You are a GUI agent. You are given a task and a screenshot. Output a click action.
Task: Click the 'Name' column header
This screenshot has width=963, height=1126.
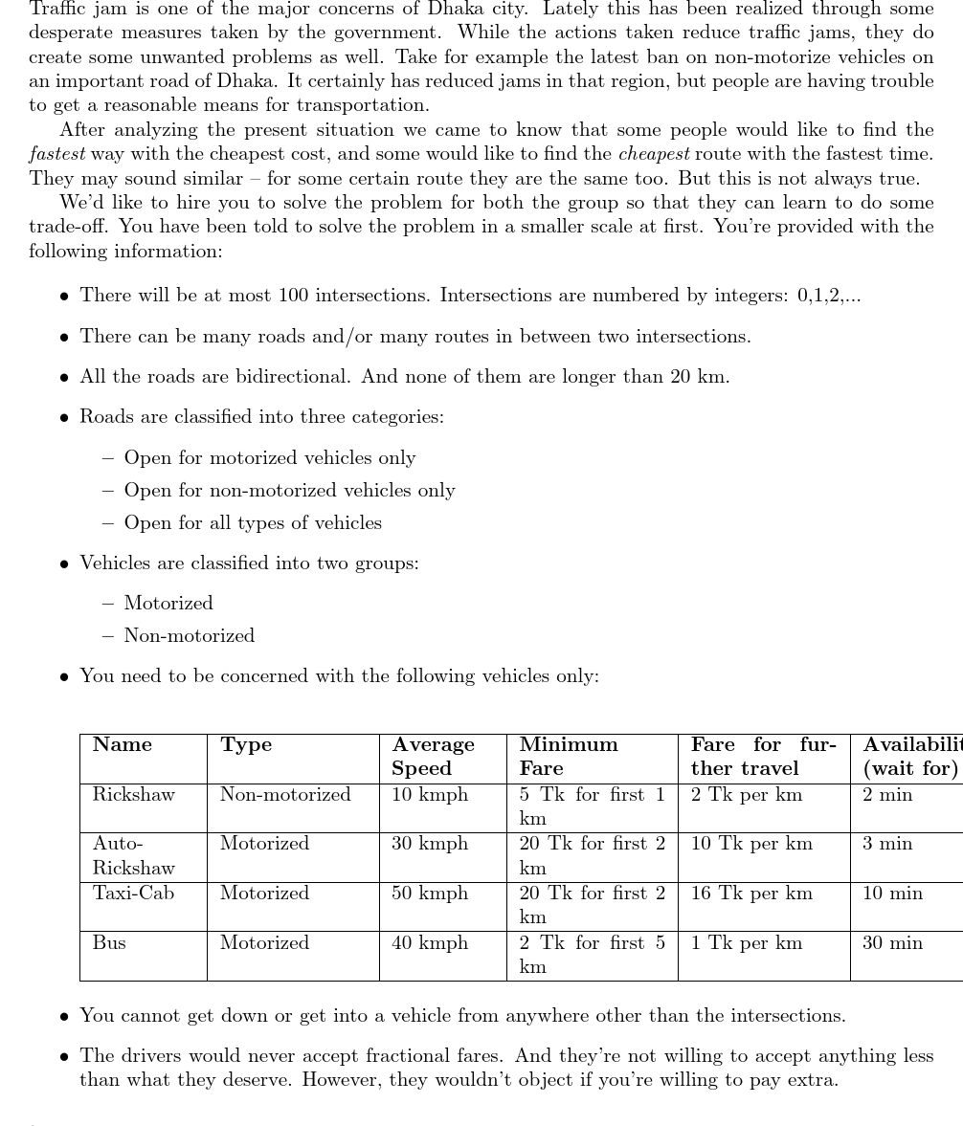tap(123, 745)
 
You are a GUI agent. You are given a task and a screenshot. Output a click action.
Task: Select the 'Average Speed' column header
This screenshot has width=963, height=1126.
tap(433, 757)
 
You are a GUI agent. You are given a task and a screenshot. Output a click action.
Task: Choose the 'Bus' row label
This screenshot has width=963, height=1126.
tap(109, 943)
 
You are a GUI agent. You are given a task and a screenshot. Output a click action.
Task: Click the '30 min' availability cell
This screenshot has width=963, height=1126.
tap(893, 943)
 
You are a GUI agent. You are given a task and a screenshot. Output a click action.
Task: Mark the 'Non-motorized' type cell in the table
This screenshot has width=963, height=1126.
tap(285, 795)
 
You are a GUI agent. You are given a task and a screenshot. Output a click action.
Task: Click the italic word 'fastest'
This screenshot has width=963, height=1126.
tap(57, 154)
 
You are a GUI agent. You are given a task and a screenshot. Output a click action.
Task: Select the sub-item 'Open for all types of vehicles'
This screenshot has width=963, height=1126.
tap(253, 523)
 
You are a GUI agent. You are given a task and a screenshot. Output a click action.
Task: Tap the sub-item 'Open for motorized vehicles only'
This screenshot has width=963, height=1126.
tap(270, 458)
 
